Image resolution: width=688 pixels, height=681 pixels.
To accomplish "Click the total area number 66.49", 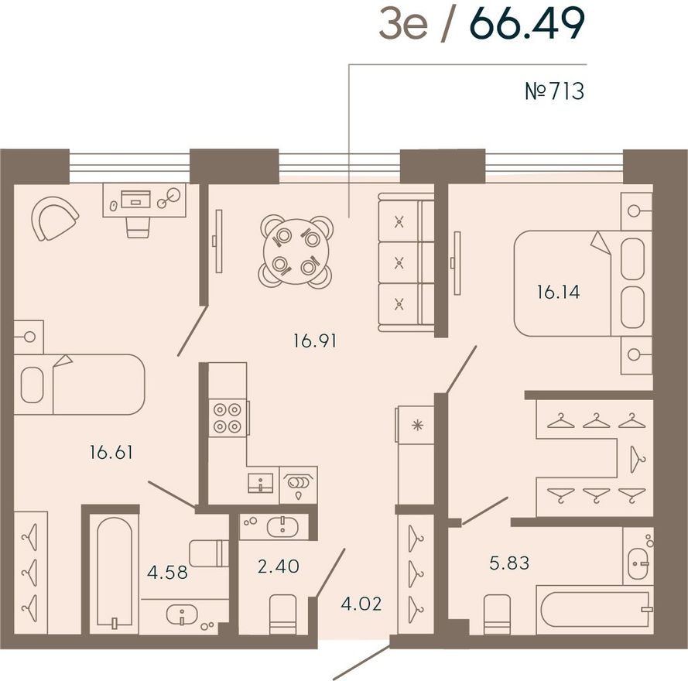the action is (x=529, y=24).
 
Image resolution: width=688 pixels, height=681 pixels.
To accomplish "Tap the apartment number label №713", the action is (x=555, y=91).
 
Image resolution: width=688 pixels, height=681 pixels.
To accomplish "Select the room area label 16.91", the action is (x=315, y=340).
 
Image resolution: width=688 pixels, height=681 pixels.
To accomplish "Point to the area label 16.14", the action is (x=559, y=292).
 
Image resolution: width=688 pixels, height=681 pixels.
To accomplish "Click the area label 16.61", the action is (x=111, y=452).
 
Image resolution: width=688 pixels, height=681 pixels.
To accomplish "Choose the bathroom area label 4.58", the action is (x=167, y=572).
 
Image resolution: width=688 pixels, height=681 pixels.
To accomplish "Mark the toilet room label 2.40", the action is (x=279, y=566).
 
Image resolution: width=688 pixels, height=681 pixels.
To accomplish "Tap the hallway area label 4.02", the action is (x=361, y=604).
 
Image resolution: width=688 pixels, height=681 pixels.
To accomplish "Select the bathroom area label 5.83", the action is (x=509, y=563).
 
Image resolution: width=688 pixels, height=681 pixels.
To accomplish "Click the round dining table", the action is (x=296, y=252).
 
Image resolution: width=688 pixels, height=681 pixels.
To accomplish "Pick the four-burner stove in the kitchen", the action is (x=228, y=418).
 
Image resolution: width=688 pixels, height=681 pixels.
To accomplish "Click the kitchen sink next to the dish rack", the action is (x=260, y=483).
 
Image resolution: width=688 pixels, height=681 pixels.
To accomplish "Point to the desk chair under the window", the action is (x=135, y=228).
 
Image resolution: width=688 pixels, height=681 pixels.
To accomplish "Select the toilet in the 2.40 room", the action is (x=282, y=614).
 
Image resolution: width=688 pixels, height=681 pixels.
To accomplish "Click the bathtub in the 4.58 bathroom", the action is (x=115, y=574).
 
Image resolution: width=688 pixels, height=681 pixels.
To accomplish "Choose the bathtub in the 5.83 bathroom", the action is (x=594, y=610).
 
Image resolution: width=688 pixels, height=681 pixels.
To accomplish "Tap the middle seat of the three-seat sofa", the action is (x=399, y=262).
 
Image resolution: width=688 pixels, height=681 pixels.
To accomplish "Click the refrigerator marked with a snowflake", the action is (x=416, y=424).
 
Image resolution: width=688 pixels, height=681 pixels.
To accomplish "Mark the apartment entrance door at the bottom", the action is (x=361, y=663).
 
